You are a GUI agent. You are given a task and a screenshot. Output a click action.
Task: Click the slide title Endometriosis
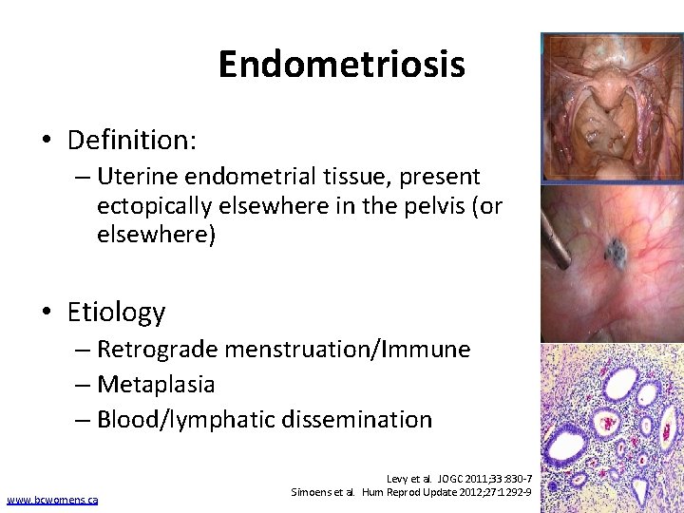341,65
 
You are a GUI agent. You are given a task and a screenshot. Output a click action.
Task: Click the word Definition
131,141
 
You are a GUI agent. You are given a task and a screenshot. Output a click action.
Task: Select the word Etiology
116,312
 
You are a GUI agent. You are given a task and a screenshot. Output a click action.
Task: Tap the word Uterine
139,177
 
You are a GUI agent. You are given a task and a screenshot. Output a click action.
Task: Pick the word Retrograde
157,350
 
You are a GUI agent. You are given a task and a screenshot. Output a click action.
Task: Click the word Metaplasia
156,385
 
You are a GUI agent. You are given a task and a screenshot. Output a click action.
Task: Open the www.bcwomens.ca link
51,500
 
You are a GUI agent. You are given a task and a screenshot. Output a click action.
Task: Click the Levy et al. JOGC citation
459,480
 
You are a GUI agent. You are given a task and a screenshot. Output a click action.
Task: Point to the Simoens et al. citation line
409,494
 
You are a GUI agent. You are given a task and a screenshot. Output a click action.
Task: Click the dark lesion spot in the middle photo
615,252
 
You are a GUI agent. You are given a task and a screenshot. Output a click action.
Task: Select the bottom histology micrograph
612,427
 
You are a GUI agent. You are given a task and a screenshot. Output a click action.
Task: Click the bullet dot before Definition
46,142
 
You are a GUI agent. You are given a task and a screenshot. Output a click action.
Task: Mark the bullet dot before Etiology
46,313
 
